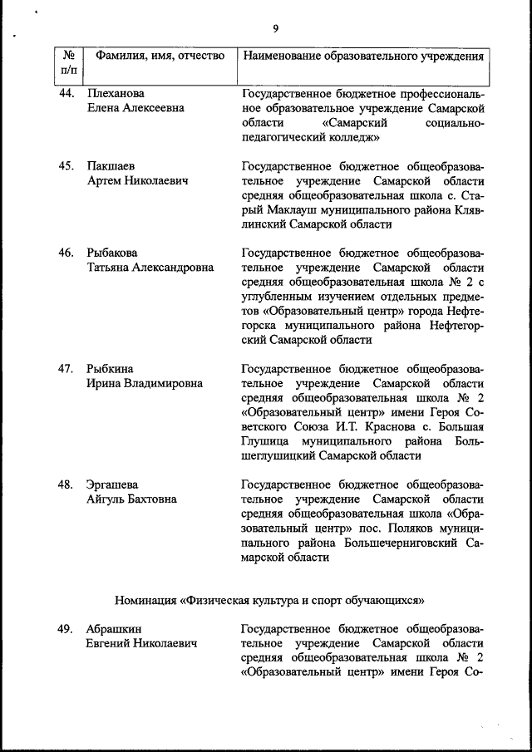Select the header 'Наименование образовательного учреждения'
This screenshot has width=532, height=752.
coord(362,57)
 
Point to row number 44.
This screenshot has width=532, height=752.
coord(67,93)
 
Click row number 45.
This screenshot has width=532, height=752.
coord(67,166)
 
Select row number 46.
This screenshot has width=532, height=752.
coord(67,253)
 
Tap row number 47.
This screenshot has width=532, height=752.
coord(67,368)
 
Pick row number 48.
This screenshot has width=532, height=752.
coord(67,484)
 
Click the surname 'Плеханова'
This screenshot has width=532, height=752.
coord(116,93)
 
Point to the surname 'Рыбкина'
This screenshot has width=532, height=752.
coord(110,368)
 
